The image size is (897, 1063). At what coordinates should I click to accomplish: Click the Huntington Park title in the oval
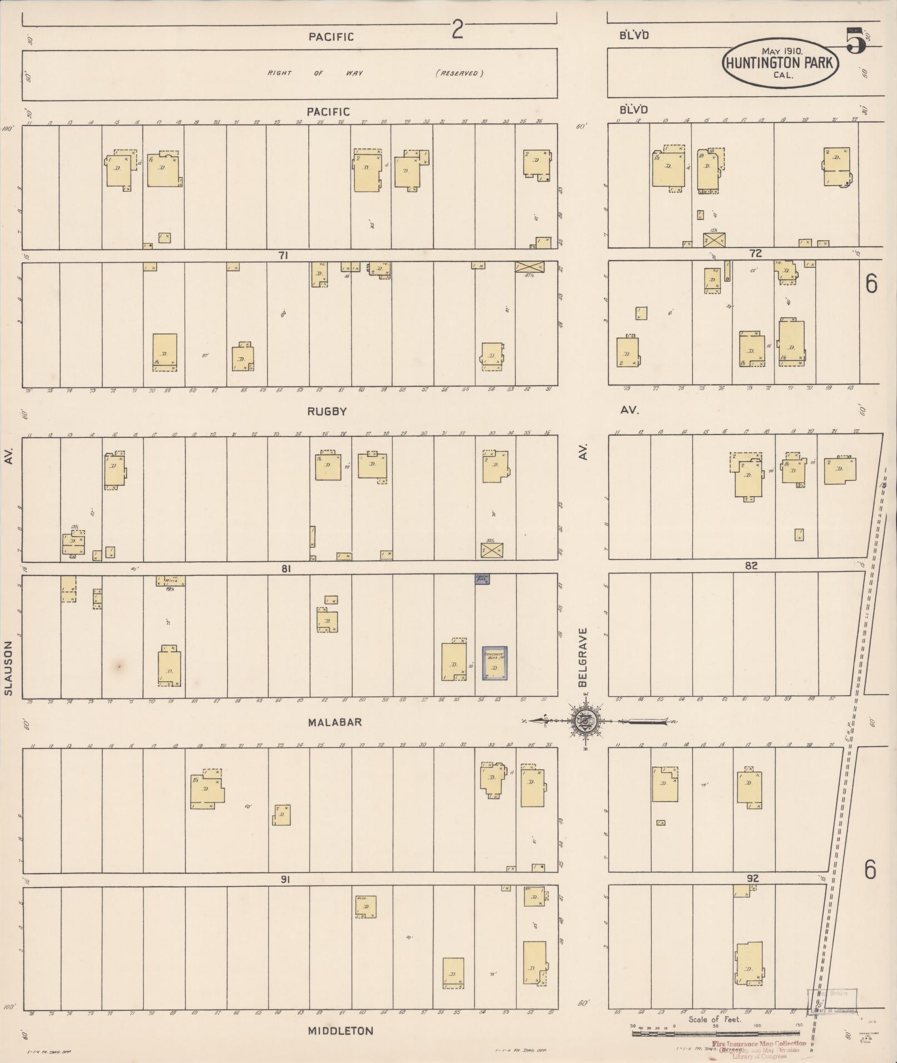pos(780,62)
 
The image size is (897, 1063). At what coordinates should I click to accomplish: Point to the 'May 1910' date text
pos(781,51)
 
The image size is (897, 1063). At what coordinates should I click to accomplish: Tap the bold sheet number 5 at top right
pos(856,41)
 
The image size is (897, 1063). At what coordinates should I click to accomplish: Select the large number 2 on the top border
pos(457,31)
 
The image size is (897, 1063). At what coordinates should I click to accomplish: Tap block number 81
pos(286,568)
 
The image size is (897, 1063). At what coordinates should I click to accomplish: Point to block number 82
pos(751,566)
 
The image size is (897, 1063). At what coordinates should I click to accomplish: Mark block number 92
pos(753,879)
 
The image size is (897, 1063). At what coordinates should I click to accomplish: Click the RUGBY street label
pos(328,412)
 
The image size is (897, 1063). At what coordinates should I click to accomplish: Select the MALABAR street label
pos(335,722)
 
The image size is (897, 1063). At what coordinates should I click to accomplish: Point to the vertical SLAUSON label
pos(8,668)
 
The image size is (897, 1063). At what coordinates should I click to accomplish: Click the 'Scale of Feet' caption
pos(715,1019)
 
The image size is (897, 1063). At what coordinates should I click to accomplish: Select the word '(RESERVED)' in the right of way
pos(459,73)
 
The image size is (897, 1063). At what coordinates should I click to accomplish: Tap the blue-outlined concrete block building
pos(494,663)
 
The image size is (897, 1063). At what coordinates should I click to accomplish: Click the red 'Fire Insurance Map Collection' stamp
pos(759,1044)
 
